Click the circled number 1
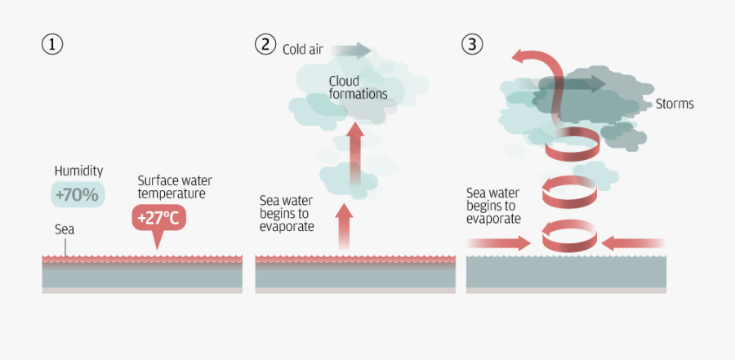click(x=52, y=44)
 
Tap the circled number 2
click(x=264, y=44)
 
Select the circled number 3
click(x=472, y=44)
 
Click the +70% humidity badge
click(x=77, y=194)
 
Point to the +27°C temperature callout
click(x=158, y=219)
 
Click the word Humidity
click(x=78, y=171)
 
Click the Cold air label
click(x=303, y=50)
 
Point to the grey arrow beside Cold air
click(x=352, y=50)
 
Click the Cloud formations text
click(x=358, y=87)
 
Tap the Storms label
click(x=675, y=104)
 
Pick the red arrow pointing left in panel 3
click(x=632, y=242)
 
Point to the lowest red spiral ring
click(x=569, y=236)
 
